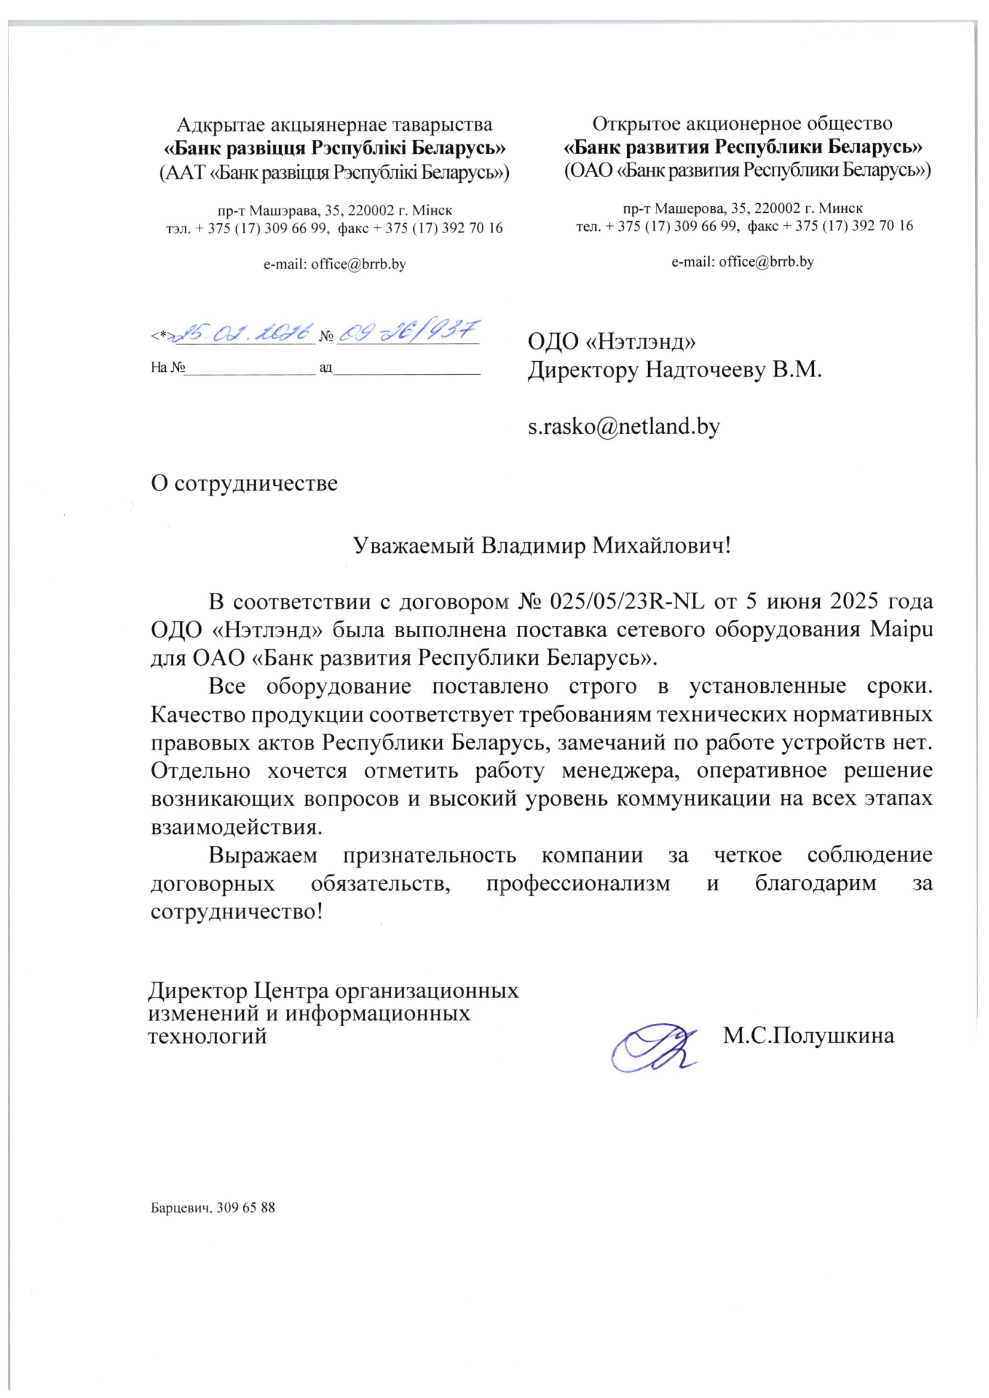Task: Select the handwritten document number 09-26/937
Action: [408, 332]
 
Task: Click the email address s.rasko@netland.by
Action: [624, 426]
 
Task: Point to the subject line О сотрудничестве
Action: [244, 484]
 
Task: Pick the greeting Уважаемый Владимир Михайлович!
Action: [541, 546]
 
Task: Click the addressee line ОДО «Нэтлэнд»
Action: [612, 342]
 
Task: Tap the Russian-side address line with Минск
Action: [743, 209]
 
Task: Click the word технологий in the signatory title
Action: [207, 1036]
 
